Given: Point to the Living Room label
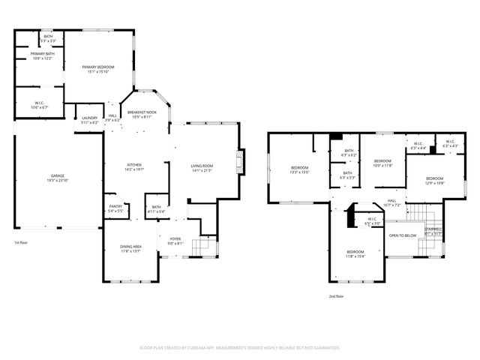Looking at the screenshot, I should coord(201,167).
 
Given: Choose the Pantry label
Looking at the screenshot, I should coord(115,208).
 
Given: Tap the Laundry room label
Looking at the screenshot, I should coord(90,119).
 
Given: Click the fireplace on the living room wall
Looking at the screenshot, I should coord(239,160).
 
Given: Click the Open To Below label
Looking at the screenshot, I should coord(402,235).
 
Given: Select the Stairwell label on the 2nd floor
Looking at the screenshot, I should coord(433,231).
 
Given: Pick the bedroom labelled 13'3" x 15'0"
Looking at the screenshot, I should coord(300,169).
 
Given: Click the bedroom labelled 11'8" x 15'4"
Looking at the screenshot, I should coord(355,253).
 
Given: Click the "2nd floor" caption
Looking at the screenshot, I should coord(337,296).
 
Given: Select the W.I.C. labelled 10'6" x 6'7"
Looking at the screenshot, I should coord(40,105).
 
